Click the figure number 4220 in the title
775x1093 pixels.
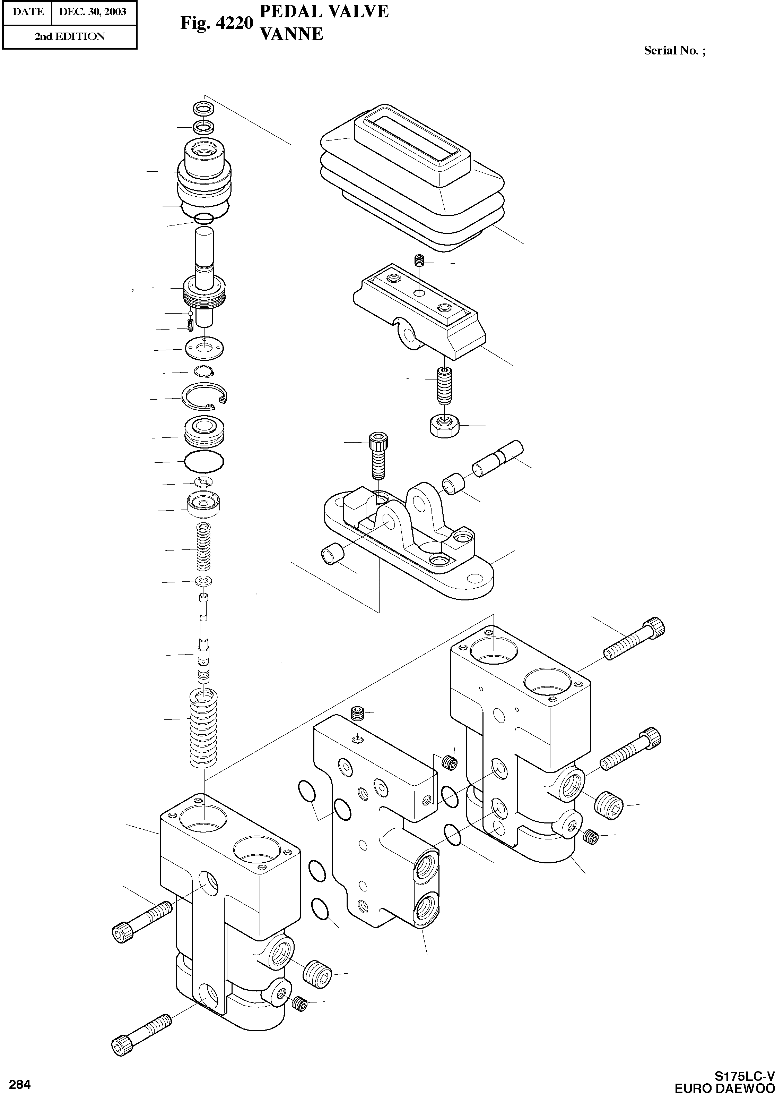click(x=233, y=23)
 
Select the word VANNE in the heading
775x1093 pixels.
click(x=290, y=34)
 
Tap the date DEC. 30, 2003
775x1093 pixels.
click(x=93, y=12)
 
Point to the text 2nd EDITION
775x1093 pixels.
click(x=69, y=37)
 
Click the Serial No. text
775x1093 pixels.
click(x=674, y=51)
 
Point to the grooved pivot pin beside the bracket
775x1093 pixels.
click(x=497, y=458)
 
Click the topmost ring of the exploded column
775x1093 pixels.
click(x=204, y=108)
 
